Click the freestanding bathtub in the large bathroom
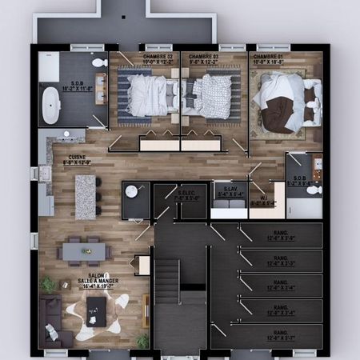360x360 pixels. tap(50, 106)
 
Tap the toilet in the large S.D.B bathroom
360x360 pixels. tap(99, 62)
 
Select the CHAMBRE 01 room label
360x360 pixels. tap(270, 57)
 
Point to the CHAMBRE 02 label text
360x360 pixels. tap(204, 57)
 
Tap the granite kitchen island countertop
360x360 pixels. tap(85, 196)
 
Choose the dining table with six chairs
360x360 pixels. tap(84, 252)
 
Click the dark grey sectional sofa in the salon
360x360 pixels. tap(54, 318)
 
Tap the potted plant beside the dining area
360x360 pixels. tap(49, 284)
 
